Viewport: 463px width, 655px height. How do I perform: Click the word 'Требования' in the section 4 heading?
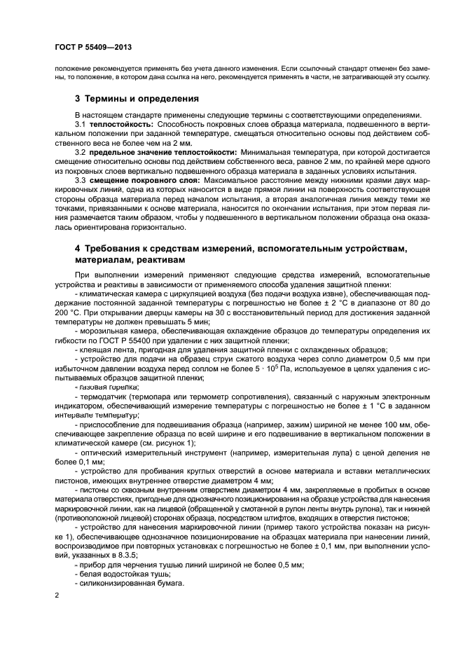pyautogui.click(x=116, y=249)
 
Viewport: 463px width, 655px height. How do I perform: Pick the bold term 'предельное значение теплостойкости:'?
pyautogui.click(x=163, y=151)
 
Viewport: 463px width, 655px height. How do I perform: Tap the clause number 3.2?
pyautogui.click(x=81, y=151)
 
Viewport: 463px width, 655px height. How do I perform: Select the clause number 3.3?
pyautogui.click(x=81, y=179)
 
